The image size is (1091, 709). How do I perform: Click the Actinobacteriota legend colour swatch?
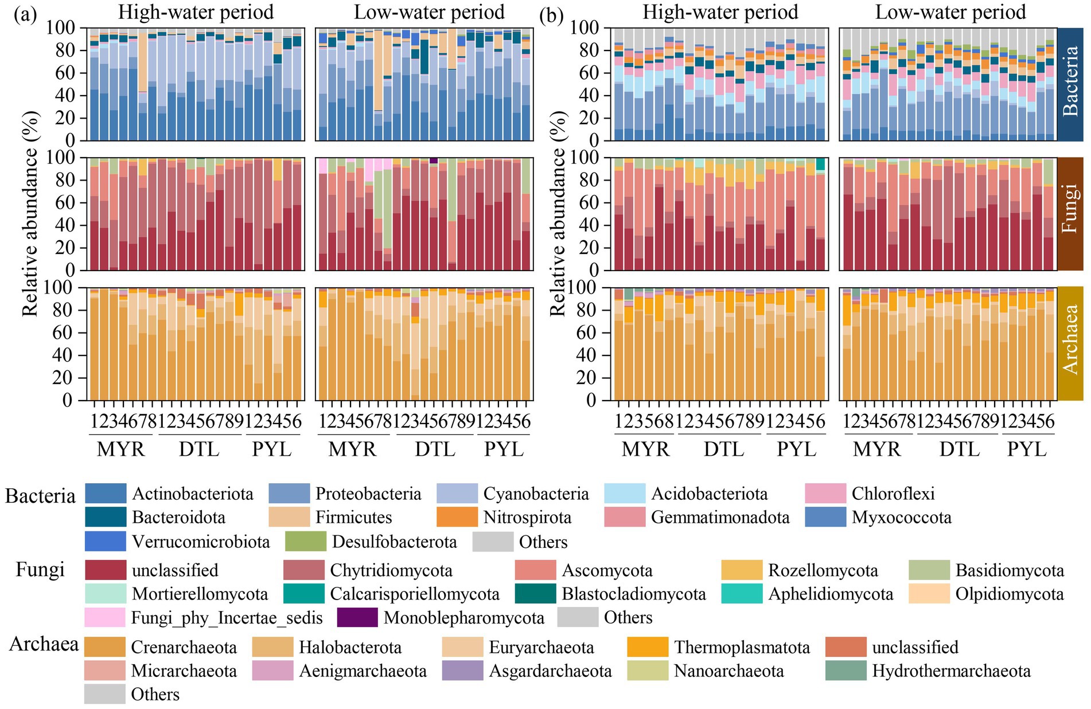click(x=105, y=493)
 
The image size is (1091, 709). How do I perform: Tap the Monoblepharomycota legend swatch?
click(x=357, y=618)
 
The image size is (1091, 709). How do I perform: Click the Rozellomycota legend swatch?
click(x=742, y=570)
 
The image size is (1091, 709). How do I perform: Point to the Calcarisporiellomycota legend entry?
click(x=304, y=594)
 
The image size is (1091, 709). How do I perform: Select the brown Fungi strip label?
click(x=1070, y=213)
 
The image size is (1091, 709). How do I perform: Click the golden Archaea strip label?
click(x=1070, y=343)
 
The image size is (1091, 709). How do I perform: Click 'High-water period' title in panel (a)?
click(x=196, y=12)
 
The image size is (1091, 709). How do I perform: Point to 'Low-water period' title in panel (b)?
click(x=950, y=12)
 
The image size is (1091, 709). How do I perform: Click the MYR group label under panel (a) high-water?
click(x=120, y=449)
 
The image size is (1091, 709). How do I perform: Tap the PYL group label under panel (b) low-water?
click(x=1027, y=449)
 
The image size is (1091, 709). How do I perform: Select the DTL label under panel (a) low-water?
click(x=435, y=449)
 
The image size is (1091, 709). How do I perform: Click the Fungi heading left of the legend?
click(x=40, y=570)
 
